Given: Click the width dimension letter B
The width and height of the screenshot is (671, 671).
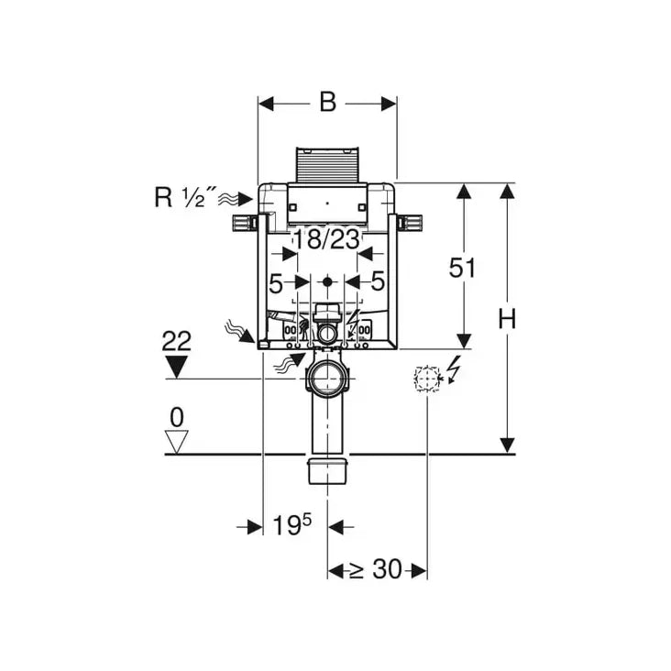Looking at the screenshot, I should point(327,103).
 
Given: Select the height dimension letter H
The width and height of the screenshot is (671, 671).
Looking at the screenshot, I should point(507,318).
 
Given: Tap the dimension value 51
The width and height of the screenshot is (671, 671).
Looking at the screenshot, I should point(464,268).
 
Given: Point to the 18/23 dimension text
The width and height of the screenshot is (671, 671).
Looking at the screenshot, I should point(326,240).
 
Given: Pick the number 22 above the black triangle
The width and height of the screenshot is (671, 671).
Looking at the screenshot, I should point(176,342).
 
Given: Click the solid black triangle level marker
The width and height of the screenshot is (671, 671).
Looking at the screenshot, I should point(176,367).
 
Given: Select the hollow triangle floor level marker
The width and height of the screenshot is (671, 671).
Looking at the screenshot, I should point(176,443).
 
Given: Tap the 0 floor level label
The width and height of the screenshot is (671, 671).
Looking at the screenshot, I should point(176,417).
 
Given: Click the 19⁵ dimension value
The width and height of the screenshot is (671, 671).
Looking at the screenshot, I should point(292,525).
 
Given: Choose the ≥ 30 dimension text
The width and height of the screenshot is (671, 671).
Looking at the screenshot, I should point(377,569).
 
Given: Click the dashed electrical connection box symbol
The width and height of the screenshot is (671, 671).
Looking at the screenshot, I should point(427,379).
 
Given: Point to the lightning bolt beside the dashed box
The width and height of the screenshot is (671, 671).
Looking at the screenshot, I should point(452,370).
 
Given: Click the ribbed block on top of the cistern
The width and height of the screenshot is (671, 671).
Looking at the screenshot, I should point(327,164).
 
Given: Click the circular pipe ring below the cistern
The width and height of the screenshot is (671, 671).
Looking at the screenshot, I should point(327,378).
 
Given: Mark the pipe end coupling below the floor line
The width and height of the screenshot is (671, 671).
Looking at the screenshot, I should point(327,470).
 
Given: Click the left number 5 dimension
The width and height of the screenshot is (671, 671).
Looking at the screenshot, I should point(276,281).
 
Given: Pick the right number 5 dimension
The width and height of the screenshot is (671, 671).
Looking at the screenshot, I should point(378,281).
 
